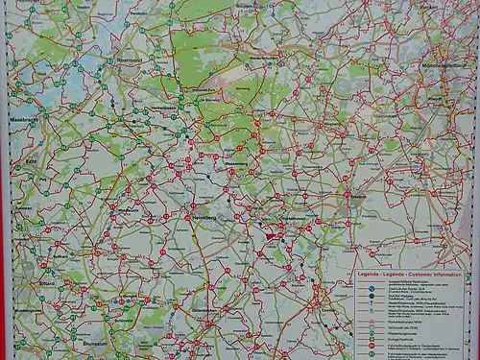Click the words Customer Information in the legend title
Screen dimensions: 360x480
point(437,275)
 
